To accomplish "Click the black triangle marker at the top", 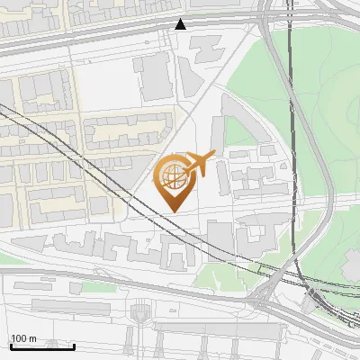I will (181, 24).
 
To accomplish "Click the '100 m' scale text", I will (23, 338).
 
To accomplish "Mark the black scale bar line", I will (41, 346).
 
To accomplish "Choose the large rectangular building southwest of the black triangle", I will (154, 76).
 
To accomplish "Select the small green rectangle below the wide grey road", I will (90, 287).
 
